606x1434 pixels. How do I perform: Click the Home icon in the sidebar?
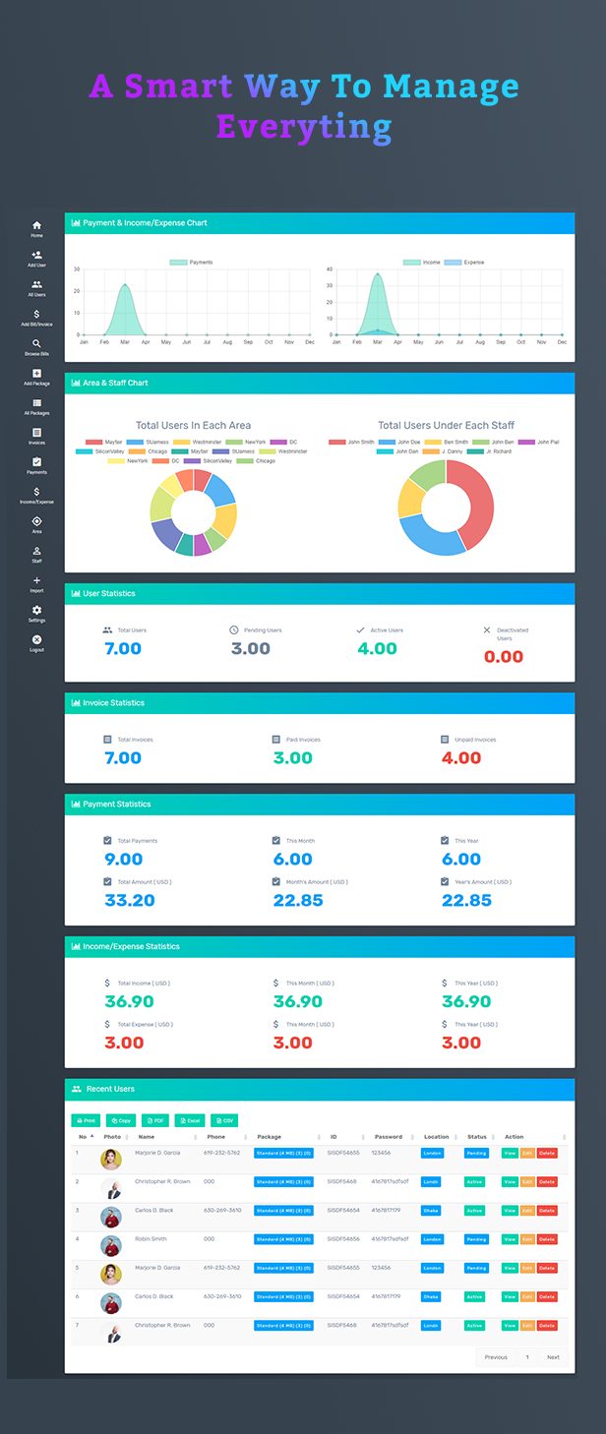tap(36, 226)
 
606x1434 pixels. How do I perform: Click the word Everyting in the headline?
tap(304, 127)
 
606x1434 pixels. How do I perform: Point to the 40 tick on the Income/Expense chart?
tap(331, 269)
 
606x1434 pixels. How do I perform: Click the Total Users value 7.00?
tap(123, 649)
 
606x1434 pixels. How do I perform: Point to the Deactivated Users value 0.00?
tap(504, 657)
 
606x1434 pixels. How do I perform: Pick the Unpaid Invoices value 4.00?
tap(460, 758)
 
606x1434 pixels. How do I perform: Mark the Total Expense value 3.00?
tap(124, 1043)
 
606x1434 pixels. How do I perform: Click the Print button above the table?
tap(86, 1120)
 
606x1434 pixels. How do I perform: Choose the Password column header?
tap(389, 1137)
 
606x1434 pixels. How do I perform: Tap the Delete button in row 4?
tap(547, 1239)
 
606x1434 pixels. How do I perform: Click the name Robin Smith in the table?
tap(151, 1239)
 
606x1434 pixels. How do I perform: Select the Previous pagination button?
tap(496, 1357)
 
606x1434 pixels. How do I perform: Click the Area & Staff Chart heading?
tap(115, 383)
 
